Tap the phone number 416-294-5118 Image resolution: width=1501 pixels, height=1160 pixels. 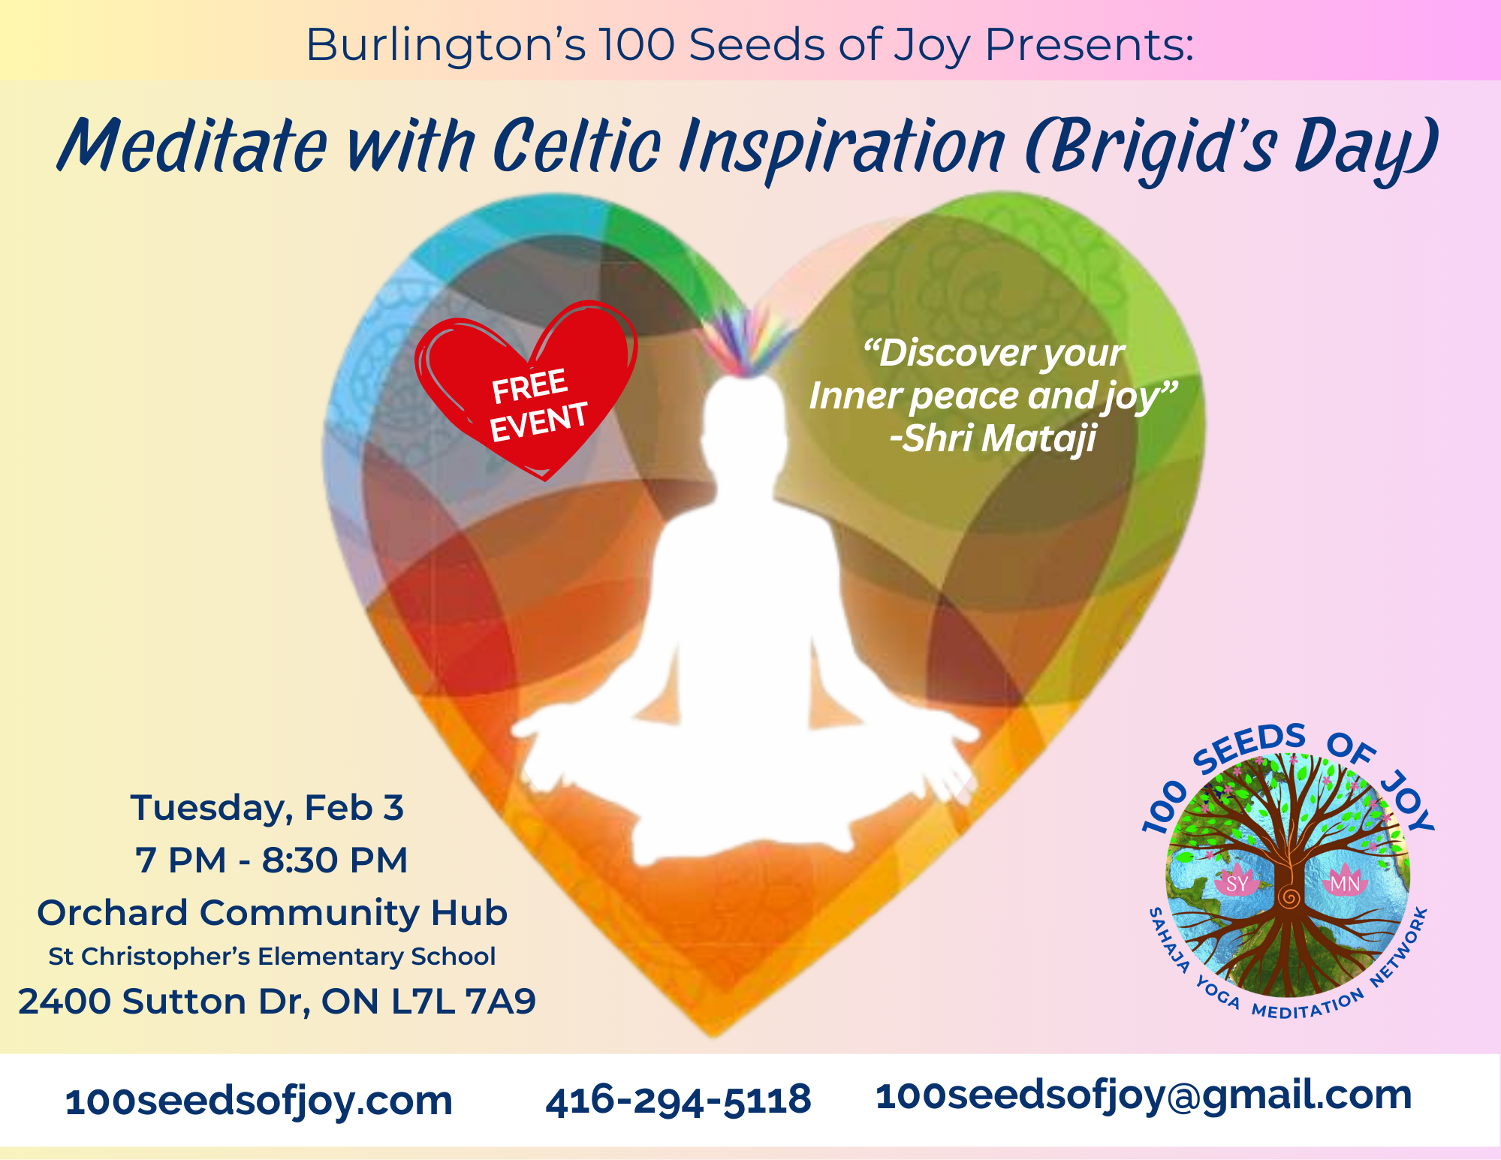(678, 1100)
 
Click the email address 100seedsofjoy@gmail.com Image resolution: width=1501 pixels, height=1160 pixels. (1144, 1096)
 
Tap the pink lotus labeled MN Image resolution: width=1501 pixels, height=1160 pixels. (1344, 881)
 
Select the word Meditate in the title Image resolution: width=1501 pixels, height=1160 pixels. (193, 146)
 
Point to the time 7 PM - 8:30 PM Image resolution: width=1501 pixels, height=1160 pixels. (271, 860)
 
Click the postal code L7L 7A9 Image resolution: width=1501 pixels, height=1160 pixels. (463, 1001)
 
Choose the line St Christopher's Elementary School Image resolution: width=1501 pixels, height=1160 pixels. (272, 957)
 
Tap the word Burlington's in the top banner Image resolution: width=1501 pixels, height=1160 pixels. (446, 45)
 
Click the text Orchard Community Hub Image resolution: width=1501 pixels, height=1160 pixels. (273, 913)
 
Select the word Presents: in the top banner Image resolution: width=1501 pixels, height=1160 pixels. (1089, 44)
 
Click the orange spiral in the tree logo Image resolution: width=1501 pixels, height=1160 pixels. (1289, 898)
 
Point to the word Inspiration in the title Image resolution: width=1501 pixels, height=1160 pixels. (842, 146)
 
